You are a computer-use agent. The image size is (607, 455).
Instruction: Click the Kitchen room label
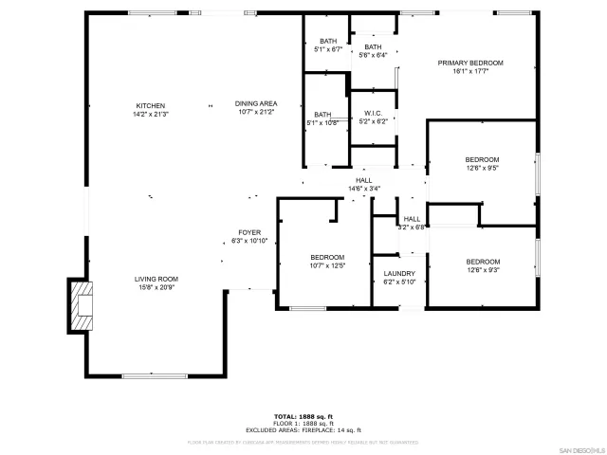click(x=151, y=109)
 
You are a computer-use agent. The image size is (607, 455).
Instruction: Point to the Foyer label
click(x=249, y=236)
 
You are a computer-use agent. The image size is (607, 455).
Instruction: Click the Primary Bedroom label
click(x=469, y=66)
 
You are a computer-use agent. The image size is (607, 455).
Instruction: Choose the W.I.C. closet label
click(x=372, y=117)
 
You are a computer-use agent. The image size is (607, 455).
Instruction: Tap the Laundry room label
click(x=399, y=277)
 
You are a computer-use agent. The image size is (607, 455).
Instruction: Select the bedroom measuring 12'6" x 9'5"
click(x=482, y=163)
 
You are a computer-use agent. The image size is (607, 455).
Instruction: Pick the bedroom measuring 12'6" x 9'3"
click(x=482, y=265)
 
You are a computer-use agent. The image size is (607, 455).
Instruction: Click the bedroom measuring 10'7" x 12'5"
click(x=327, y=262)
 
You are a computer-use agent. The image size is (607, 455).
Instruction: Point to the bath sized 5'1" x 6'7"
click(x=327, y=45)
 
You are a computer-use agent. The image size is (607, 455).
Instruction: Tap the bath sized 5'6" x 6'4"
click(x=373, y=51)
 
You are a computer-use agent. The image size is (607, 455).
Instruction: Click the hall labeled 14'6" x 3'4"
click(x=363, y=184)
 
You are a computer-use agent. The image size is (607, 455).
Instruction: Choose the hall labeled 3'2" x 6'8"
click(x=412, y=223)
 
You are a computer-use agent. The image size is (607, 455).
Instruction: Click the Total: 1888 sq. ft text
click(x=303, y=416)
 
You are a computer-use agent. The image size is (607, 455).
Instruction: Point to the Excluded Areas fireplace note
click(x=303, y=428)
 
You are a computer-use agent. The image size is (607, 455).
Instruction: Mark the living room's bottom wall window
click(x=154, y=376)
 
